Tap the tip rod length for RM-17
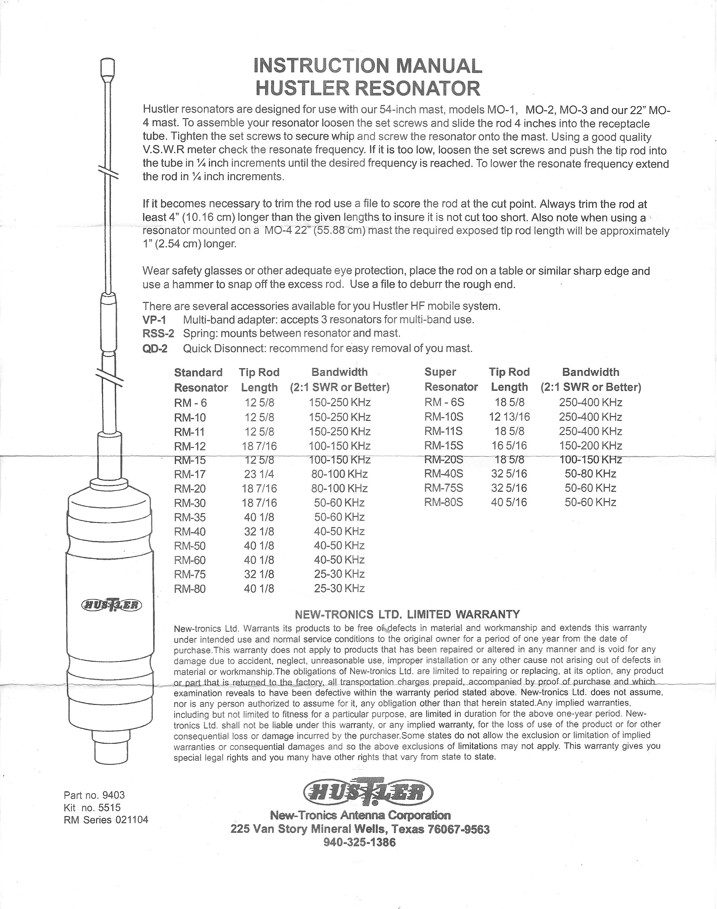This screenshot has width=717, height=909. [259, 474]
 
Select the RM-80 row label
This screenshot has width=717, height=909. [190, 589]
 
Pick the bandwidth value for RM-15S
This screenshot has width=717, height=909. [590, 445]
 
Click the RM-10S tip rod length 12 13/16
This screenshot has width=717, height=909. [509, 417]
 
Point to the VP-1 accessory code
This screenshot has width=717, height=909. [154, 320]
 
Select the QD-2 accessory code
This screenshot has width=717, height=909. [155, 349]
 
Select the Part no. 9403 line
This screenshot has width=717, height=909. [94, 795]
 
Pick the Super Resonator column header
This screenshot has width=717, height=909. [451, 379]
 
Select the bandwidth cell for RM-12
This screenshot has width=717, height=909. [340, 446]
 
